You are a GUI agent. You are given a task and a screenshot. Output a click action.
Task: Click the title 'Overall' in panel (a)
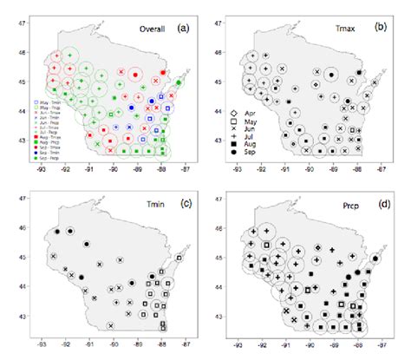[x=153, y=29]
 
